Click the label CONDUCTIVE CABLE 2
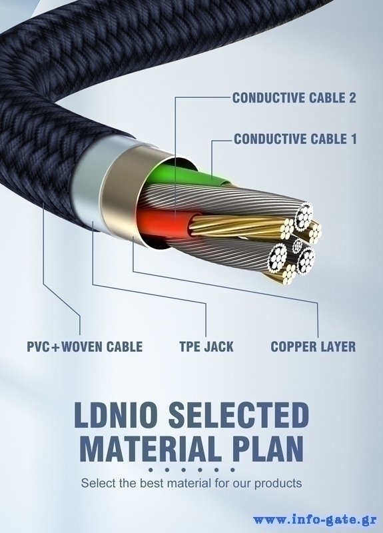coord(294,98)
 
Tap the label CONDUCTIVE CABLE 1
coord(295,139)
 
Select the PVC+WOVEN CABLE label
coord(85,346)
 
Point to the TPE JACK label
coord(206,346)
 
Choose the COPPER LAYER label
coord(313,346)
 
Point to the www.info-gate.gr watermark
coord(314,520)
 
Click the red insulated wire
coord(165,223)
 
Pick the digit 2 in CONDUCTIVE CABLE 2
coord(352,98)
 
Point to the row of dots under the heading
coord(192,470)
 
